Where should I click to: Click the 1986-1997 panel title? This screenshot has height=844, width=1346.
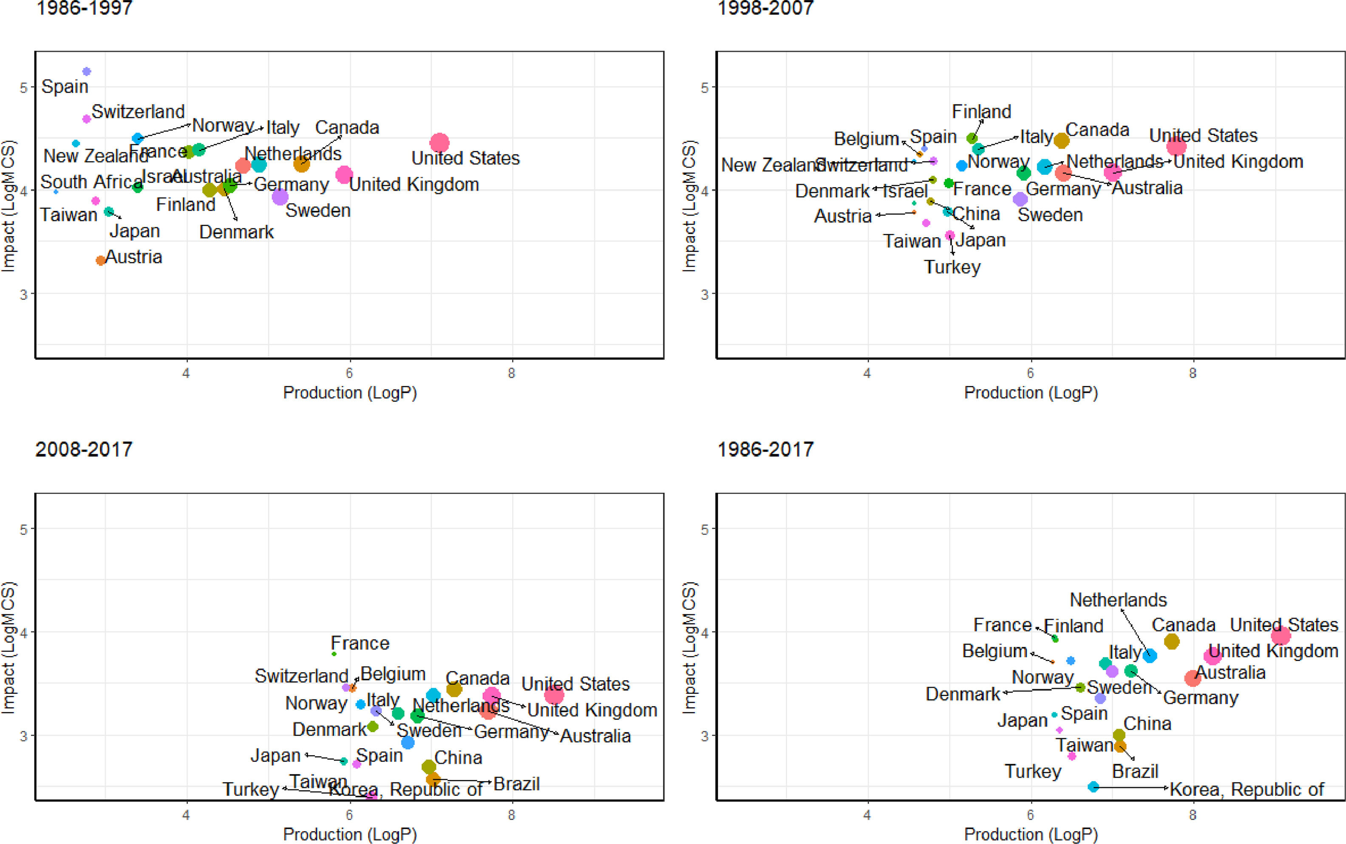[84, 8]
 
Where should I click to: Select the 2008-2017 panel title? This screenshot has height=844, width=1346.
[84, 449]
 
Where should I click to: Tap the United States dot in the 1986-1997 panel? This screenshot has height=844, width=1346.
[439, 143]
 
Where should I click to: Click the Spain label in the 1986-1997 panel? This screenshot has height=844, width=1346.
[65, 86]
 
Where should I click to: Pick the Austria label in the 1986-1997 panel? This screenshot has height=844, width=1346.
[134, 257]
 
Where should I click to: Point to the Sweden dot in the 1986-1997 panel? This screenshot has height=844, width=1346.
[280, 196]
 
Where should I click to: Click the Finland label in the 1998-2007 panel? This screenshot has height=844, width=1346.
[981, 112]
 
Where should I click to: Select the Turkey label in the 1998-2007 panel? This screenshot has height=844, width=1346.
[952, 267]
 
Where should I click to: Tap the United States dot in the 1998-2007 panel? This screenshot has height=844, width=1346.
[1176, 147]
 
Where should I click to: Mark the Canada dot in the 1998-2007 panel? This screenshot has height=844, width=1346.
[1061, 140]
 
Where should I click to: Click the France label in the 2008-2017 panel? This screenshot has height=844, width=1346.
[360, 643]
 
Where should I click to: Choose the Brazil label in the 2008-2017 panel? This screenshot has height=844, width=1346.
[516, 784]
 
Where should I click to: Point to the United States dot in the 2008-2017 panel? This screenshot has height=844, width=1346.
[554, 695]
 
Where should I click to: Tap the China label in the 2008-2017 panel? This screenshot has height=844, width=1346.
[458, 758]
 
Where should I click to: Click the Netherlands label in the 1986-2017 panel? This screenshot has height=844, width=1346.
[1118, 600]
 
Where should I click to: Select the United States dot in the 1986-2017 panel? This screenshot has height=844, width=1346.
[1281, 635]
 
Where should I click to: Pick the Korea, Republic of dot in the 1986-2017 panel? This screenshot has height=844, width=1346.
[1093, 787]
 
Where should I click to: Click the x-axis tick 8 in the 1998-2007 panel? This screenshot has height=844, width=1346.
[1193, 373]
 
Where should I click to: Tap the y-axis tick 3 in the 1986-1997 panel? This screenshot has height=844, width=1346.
[23, 294]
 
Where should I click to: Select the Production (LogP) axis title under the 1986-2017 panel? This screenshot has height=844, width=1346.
[1031, 834]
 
